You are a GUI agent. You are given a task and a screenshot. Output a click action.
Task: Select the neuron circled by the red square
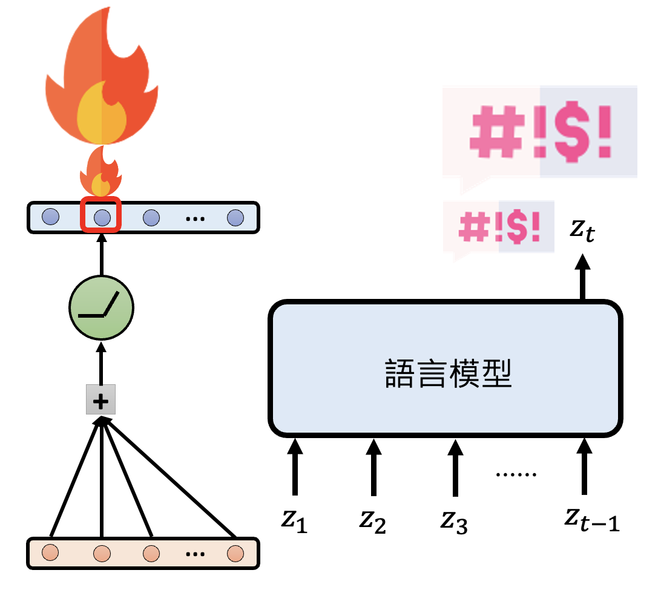click(102, 217)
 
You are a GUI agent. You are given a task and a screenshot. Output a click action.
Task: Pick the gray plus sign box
click(100, 400)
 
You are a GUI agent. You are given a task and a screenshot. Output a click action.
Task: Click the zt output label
click(582, 230)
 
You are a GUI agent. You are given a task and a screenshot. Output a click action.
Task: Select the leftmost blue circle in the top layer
click(51, 217)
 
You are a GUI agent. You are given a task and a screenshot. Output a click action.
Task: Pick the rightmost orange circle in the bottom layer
click(234, 553)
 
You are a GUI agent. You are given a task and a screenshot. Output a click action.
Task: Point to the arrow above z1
click(294, 467)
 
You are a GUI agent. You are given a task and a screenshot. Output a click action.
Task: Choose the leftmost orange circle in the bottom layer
click(51, 553)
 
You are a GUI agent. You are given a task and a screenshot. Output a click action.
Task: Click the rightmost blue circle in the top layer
click(235, 217)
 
